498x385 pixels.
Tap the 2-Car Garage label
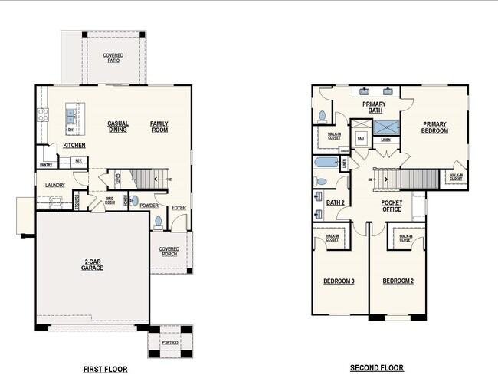click(92, 265)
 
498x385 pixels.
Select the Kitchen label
click(74, 146)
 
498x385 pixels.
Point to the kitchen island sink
click(70, 116)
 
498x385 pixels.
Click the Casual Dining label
click(117, 127)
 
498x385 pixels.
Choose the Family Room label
click(159, 127)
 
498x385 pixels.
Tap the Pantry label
click(46, 165)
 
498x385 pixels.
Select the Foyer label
click(179, 207)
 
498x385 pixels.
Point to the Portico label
click(170, 342)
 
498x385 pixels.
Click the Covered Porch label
click(169, 252)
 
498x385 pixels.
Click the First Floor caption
click(105, 369)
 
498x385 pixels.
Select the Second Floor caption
click(377, 368)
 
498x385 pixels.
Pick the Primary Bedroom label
click(434, 127)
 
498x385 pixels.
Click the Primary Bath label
click(374, 107)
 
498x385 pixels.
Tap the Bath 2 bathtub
click(326, 163)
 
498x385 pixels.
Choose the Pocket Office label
click(392, 206)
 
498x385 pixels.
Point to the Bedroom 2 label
click(398, 281)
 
